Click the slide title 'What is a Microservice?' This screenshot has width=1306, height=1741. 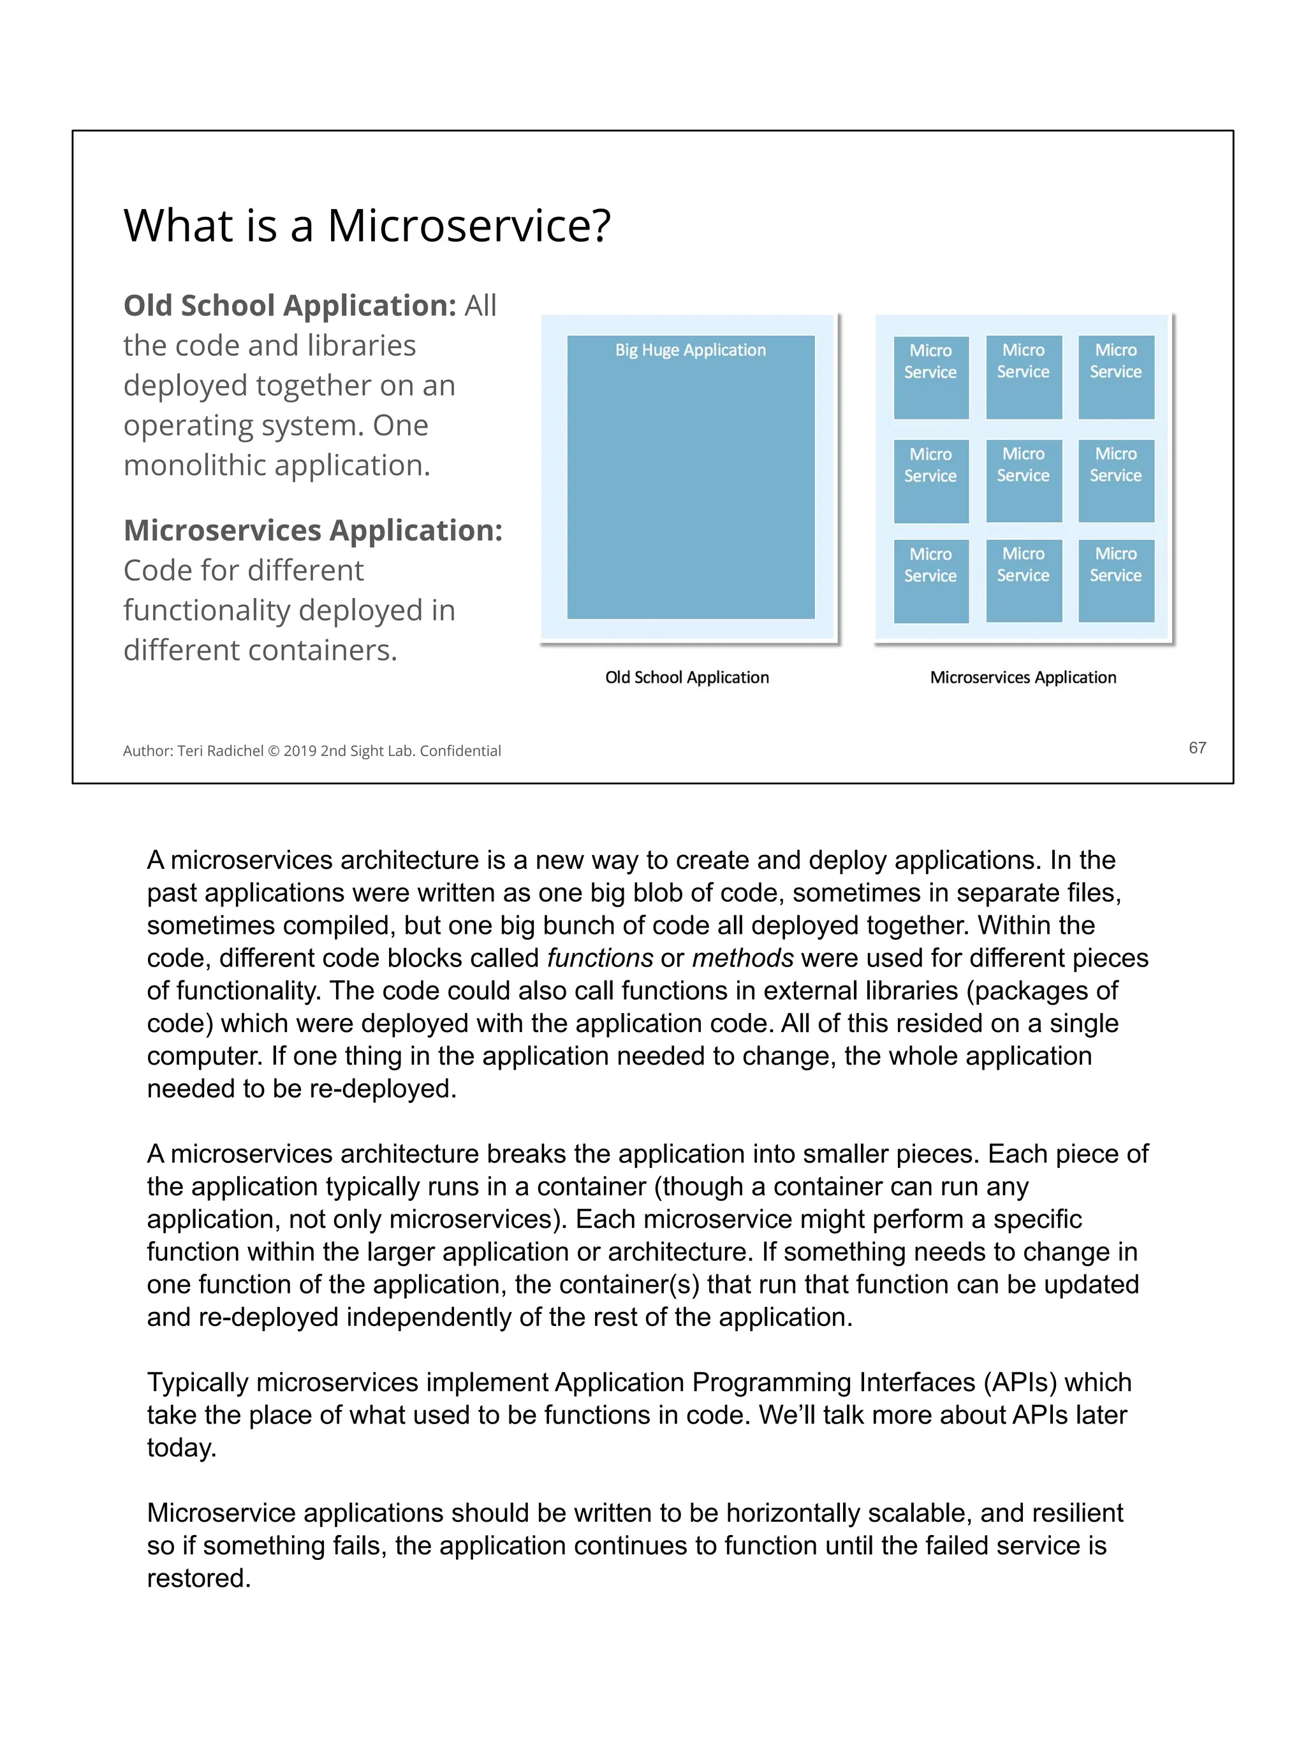367,226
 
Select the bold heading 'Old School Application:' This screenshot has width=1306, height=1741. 290,305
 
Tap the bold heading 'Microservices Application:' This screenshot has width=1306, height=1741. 312,530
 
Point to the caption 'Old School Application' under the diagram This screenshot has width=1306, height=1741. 686,678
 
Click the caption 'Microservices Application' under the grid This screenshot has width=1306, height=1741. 1023,678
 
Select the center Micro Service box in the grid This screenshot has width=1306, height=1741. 1024,480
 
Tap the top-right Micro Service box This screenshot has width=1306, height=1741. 1115,377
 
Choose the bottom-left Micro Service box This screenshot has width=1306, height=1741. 930,581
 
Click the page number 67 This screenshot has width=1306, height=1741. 1196,748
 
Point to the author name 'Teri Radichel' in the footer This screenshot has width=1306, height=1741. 221,751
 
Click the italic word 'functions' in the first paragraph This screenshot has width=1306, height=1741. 600,958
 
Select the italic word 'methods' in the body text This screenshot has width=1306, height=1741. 742,958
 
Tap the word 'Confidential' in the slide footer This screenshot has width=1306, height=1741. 460,751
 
